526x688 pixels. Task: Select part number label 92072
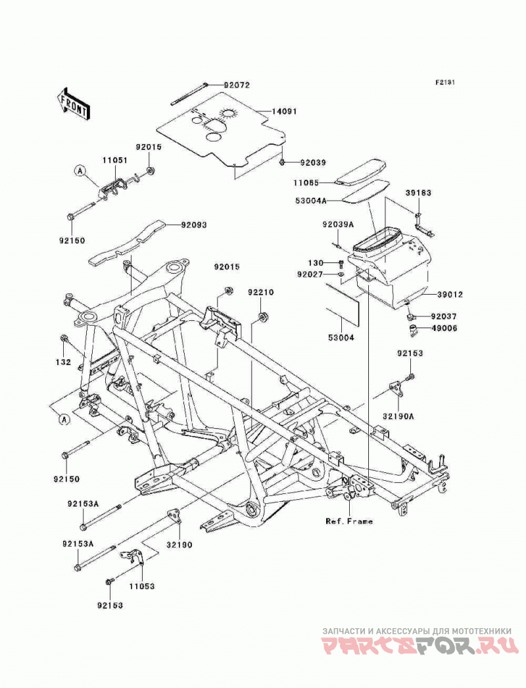click(x=237, y=85)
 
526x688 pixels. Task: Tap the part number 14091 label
click(x=284, y=111)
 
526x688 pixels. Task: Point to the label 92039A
click(x=338, y=224)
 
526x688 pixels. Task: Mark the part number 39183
click(x=418, y=193)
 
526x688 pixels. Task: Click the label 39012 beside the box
click(x=450, y=295)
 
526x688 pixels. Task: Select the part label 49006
click(x=444, y=328)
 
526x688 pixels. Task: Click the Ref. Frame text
click(x=349, y=522)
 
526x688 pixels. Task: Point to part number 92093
click(x=193, y=225)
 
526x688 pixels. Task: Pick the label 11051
click(x=115, y=160)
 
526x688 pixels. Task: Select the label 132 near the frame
click(x=63, y=362)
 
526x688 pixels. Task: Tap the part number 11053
click(x=142, y=586)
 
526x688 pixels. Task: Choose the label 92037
click(x=444, y=316)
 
